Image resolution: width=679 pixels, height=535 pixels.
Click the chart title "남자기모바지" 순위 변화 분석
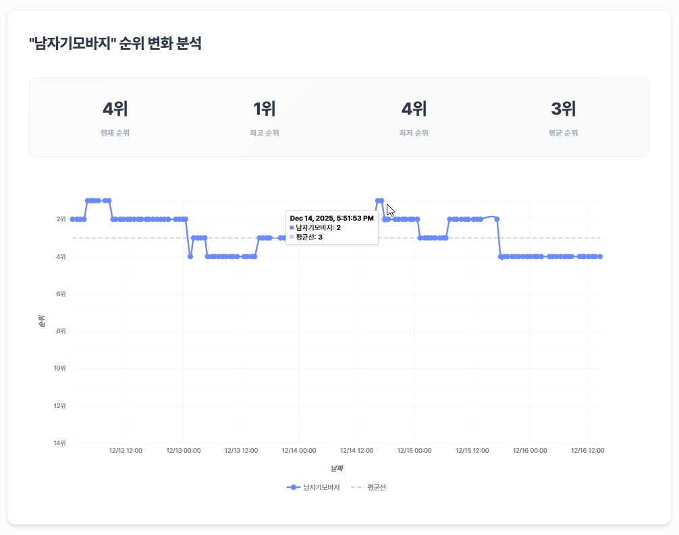[115, 45]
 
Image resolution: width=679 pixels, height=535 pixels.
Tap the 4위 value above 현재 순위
[115, 109]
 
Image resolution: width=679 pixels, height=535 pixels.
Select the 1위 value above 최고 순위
[264, 109]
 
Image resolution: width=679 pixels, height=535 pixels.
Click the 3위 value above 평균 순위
[563, 109]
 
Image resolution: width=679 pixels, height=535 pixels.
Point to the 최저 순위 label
[413, 133]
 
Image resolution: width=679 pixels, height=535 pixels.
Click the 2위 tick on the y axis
[61, 219]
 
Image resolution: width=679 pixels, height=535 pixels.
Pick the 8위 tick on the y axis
[61, 331]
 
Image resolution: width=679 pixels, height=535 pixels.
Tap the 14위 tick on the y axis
[60, 443]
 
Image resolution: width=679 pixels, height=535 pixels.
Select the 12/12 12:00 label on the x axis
[126, 451]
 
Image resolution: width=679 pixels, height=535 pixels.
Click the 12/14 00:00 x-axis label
[299, 451]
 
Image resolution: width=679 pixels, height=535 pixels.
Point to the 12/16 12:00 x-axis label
[587, 451]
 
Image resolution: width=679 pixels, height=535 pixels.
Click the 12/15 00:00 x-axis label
[414, 451]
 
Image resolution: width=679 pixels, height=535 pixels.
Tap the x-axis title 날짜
[336, 468]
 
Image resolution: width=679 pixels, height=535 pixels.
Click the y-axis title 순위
[42, 321]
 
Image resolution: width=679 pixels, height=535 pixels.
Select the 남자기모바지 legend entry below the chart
[313, 487]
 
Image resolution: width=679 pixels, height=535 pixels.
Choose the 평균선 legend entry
[369, 487]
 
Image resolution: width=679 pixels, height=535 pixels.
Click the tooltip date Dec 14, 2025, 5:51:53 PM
[331, 219]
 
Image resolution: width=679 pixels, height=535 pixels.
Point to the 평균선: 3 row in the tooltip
[308, 237]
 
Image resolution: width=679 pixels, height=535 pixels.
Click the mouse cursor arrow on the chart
[390, 209]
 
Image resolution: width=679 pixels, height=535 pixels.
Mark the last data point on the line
[600, 256]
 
